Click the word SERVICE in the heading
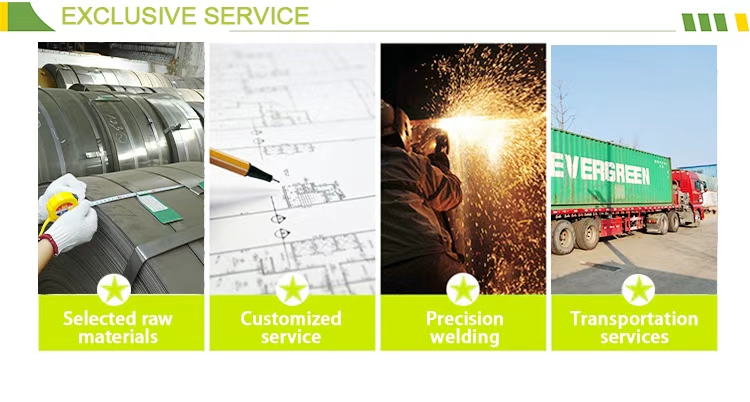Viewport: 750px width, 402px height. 257,16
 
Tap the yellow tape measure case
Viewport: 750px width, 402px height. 59,206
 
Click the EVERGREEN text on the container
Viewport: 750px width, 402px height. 601,169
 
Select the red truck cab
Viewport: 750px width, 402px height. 689,194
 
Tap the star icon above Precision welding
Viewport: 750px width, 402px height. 463,290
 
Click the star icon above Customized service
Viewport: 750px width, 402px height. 292,290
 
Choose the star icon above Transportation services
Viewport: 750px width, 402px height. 638,290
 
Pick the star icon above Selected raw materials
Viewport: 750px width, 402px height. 114,290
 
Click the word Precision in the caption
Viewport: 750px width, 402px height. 464,319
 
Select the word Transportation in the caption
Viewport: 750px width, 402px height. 634,319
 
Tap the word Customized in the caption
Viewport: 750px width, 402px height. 291,319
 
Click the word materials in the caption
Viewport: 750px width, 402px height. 118,336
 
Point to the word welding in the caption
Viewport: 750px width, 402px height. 464,337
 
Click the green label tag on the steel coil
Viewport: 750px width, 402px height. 159,208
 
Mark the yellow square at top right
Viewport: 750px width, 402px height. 741,22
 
